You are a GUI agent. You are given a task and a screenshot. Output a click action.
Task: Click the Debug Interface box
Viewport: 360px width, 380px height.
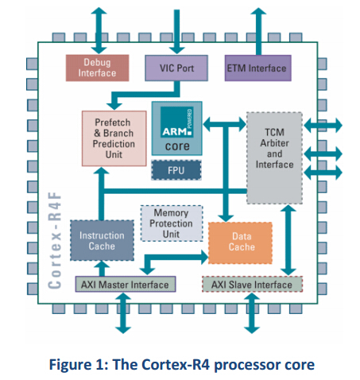tap(96, 68)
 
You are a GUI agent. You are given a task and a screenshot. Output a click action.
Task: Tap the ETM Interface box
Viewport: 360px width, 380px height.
tap(255, 68)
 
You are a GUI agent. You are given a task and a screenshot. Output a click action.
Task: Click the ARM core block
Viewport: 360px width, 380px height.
tap(176, 128)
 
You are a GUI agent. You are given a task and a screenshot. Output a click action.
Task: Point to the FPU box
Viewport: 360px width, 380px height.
tap(176, 170)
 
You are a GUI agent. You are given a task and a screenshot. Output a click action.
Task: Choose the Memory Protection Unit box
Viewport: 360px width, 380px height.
tap(171, 223)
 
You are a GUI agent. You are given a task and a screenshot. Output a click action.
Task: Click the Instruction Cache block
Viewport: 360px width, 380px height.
tap(102, 241)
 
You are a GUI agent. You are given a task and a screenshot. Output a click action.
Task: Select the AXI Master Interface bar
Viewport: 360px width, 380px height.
tap(126, 285)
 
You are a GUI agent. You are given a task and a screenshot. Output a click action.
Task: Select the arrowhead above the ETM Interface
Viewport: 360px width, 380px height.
tap(256, 11)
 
